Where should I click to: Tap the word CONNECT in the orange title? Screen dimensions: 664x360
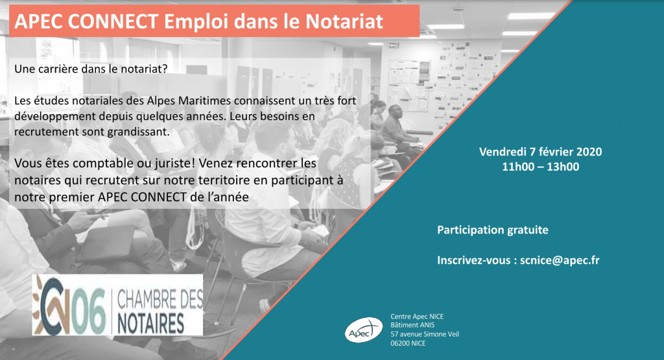(x=113, y=21)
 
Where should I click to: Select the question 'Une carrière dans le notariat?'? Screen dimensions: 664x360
(x=91, y=69)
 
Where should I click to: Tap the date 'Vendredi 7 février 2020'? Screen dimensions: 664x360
(x=540, y=152)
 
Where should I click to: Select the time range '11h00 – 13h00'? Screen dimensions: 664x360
(x=540, y=167)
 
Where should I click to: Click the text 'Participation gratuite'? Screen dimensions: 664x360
(x=493, y=230)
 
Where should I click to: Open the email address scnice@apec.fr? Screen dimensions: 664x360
(x=560, y=260)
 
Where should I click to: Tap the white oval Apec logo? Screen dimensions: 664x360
(x=363, y=330)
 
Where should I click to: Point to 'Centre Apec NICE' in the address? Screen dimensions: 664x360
(x=417, y=317)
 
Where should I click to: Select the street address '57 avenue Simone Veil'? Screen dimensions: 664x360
(x=425, y=334)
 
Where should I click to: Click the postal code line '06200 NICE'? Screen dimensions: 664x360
(x=408, y=343)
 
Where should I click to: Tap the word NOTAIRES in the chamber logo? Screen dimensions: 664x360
(x=150, y=324)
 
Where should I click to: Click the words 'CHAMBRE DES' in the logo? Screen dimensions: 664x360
(x=160, y=300)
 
